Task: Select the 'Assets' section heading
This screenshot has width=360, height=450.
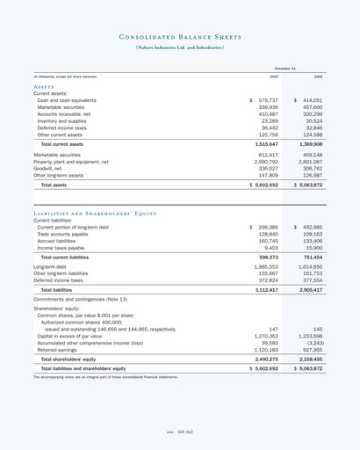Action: click(x=44, y=89)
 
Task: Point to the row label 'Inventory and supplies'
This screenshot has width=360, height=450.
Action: click(x=62, y=121)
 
